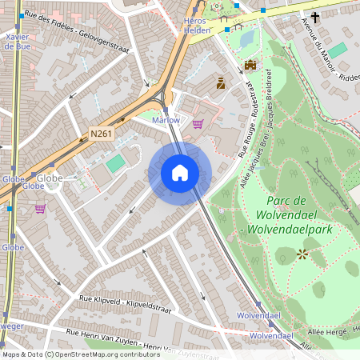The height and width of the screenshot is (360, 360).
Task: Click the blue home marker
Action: (x=180, y=173)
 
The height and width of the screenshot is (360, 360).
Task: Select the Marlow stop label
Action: (x=166, y=120)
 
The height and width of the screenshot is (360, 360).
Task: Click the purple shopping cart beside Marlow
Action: (x=198, y=124)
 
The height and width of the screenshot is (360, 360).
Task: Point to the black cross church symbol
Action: (x=316, y=17)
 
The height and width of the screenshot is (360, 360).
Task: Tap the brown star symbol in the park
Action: (x=302, y=254)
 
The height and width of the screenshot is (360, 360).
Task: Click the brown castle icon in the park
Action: (x=250, y=65)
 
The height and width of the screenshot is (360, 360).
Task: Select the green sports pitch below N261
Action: (x=116, y=163)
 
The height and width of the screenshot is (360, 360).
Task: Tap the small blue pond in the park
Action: (x=245, y=36)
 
